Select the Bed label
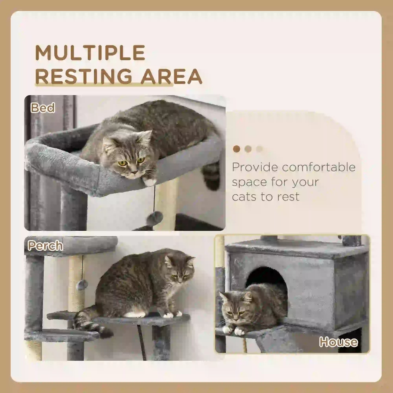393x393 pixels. tap(43, 108)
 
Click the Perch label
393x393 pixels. tap(45, 246)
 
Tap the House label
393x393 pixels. tap(338, 342)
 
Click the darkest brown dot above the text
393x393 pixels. tap(236, 149)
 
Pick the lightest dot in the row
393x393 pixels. tap(259, 149)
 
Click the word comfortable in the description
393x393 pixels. tap(318, 167)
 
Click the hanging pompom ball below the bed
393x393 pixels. tap(154, 218)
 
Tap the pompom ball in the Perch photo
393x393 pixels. tap(82, 284)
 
